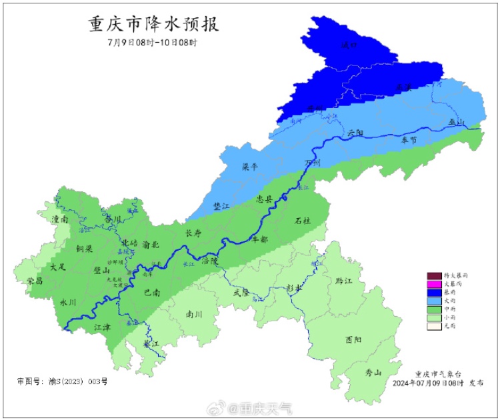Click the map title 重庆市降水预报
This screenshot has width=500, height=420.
(154, 25)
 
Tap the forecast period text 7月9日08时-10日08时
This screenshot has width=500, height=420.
(153, 43)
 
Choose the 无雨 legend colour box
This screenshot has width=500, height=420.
(434, 326)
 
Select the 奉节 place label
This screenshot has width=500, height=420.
(409, 140)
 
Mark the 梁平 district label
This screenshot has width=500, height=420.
(249, 168)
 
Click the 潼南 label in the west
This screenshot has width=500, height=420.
(61, 219)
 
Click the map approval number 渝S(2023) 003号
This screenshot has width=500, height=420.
(62, 382)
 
